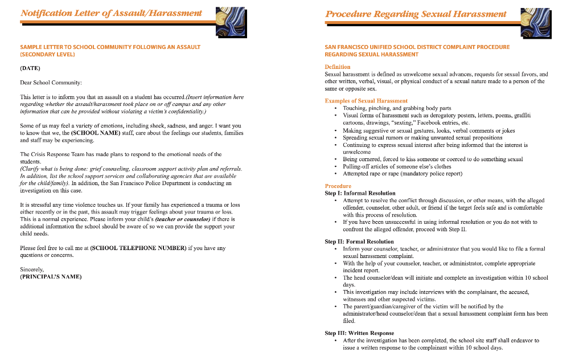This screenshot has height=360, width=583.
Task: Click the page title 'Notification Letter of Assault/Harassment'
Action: [111, 13]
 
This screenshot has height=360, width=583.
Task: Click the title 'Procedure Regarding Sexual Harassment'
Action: [416, 14]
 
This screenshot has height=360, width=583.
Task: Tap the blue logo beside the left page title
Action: [231, 22]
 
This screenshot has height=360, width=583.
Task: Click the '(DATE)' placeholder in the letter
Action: [30, 68]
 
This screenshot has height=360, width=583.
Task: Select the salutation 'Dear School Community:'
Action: [51, 83]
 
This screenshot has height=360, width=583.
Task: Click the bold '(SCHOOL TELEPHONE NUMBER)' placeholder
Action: [138, 248]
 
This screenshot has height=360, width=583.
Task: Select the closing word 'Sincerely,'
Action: [32, 269]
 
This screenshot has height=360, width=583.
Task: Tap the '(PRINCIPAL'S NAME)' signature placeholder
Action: [51, 277]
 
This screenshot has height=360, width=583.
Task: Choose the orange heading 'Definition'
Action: [338, 67]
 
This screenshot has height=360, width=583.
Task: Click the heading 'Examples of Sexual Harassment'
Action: [366, 101]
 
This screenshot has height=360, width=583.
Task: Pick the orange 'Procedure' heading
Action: [338, 186]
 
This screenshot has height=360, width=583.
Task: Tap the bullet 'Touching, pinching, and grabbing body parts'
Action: [397, 108]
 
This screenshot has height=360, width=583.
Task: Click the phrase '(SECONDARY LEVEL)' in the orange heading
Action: [47, 55]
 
